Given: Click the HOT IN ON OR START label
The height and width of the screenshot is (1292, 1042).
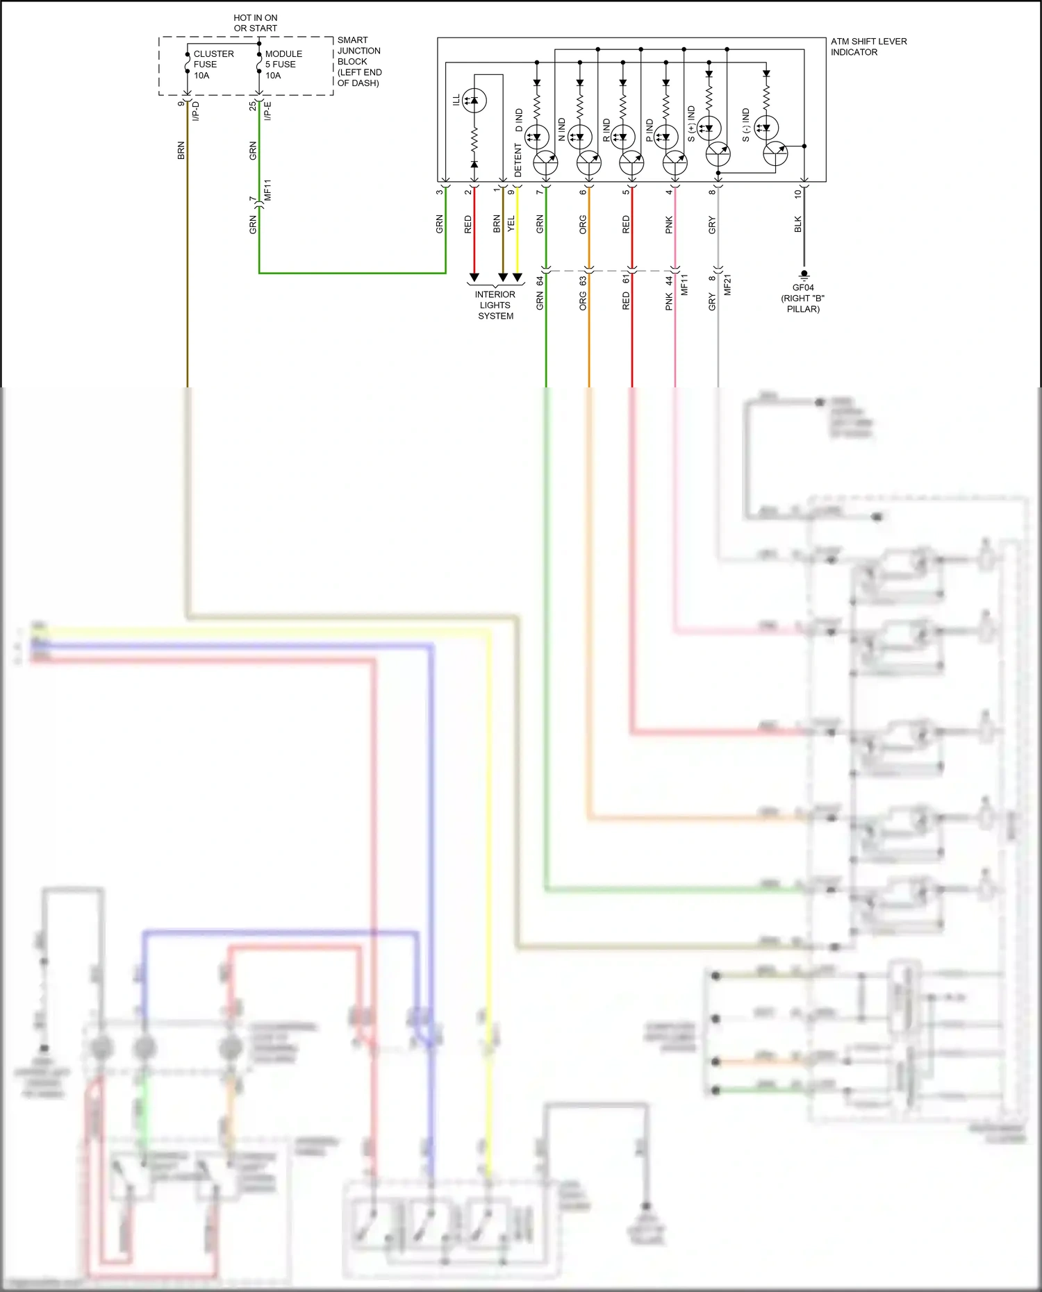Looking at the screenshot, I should point(255,23).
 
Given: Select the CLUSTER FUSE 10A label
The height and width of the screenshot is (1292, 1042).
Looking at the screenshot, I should point(213,65).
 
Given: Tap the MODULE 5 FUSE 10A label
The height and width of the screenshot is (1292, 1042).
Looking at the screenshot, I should point(283,65).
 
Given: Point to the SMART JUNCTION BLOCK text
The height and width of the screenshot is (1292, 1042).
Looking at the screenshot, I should point(359,61).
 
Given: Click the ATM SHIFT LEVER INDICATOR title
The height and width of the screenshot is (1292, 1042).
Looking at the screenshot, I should point(868,47).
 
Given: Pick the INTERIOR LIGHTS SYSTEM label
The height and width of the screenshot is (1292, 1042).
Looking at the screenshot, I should point(495,305).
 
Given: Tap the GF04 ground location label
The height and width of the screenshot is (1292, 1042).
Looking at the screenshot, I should point(802,298).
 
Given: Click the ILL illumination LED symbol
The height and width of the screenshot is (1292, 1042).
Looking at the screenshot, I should point(474,101).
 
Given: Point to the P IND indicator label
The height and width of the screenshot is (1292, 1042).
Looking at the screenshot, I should point(650,131).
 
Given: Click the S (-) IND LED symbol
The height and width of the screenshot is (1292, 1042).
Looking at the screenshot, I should point(766,128).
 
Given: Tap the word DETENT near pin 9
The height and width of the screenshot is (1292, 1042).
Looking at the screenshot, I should point(518,160).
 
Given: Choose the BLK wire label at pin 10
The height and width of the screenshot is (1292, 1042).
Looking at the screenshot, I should point(797,224).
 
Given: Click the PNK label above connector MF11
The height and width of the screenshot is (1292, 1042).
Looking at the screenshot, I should point(668,224).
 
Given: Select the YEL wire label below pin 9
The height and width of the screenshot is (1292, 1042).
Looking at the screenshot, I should point(511,224).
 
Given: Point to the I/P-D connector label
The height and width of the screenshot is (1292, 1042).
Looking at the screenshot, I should point(195,111).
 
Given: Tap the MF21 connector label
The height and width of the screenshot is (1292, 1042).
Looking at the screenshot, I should point(727,285).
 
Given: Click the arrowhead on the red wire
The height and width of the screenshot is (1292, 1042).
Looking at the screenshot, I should point(474,277).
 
